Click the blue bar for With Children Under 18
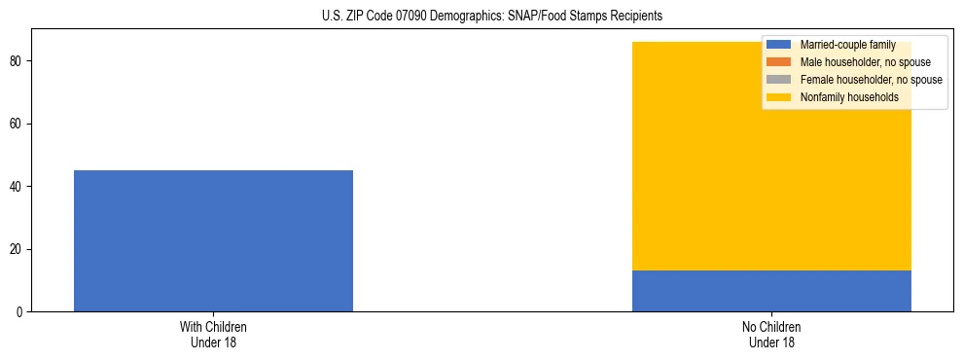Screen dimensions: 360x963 pos(213,240)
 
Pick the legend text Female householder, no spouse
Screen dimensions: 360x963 pos(871,80)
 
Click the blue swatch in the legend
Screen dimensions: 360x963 pos(778,45)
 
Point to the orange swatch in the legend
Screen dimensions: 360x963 pos(778,62)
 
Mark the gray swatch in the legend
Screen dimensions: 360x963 pos(778,80)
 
